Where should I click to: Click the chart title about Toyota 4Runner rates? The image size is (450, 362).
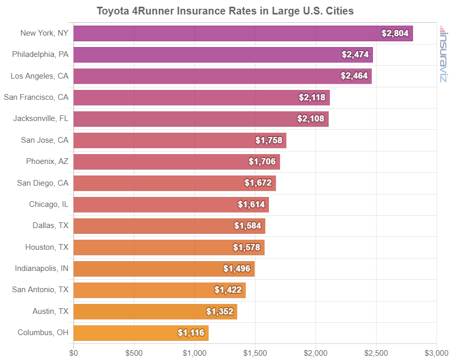225,11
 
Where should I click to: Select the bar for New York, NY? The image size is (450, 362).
243,33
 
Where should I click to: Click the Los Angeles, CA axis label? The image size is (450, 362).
39,76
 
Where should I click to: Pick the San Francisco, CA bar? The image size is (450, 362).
202,97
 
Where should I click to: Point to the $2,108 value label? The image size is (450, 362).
311,119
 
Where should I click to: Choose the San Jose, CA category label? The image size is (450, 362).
44,140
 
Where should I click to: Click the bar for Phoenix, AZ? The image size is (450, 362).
176,162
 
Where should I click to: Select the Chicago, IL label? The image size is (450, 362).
49,204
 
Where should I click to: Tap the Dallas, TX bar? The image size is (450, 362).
169,226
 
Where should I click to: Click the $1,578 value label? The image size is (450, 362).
247,247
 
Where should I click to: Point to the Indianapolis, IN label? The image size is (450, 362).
41,268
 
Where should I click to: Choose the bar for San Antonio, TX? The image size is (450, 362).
159,290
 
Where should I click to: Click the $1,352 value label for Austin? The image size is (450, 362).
220,311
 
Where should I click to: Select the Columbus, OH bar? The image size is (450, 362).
141,333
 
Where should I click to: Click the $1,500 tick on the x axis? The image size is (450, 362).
255,353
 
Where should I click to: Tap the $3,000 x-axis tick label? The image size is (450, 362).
436,353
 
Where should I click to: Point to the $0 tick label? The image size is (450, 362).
74,353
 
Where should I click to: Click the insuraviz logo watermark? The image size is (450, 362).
443,54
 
